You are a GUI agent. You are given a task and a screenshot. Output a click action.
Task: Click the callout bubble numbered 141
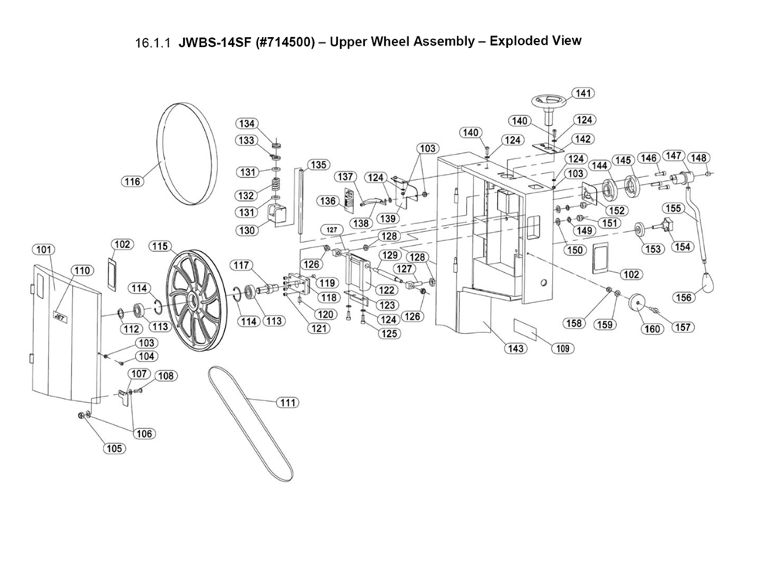click(583, 94)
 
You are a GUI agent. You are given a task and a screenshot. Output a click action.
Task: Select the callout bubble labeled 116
click(133, 182)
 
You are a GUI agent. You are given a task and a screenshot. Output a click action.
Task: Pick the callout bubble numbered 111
click(288, 402)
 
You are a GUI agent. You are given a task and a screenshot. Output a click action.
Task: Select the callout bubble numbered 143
click(516, 349)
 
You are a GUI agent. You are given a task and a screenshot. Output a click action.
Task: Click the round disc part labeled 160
click(638, 304)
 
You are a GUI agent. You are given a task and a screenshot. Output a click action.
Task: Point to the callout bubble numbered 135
click(318, 165)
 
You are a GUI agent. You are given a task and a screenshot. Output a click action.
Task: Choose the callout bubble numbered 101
click(44, 250)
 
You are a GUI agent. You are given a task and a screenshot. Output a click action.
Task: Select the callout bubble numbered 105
click(114, 449)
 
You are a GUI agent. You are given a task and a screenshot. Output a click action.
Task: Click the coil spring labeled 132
click(274, 186)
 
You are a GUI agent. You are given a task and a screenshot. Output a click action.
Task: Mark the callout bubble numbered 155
click(673, 208)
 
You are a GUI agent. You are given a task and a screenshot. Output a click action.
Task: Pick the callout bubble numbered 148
click(699, 158)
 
